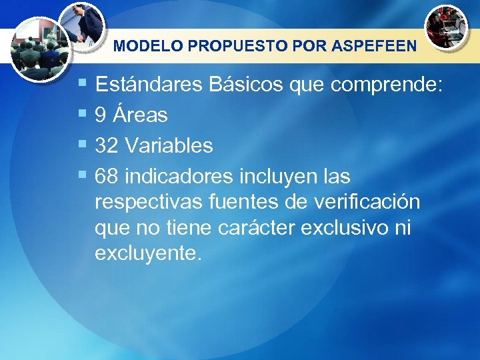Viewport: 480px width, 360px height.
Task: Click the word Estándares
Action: [x=149, y=85]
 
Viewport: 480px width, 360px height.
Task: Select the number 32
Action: [x=107, y=145]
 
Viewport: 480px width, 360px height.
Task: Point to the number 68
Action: [x=107, y=176]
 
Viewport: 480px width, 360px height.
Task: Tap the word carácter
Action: [x=256, y=228]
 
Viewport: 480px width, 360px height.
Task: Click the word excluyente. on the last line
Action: [x=147, y=253]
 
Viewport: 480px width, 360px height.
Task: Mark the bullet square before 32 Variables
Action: [x=82, y=144]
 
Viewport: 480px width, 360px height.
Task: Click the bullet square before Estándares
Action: [x=82, y=84]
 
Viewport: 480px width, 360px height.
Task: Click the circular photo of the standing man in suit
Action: [x=81, y=25]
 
